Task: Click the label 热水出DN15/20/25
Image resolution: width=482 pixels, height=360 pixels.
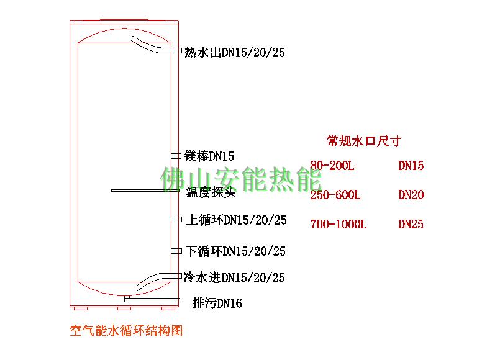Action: pos(235,53)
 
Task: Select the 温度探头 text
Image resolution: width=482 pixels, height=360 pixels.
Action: pos(211,192)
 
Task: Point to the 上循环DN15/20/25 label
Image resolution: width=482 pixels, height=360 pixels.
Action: pos(236,220)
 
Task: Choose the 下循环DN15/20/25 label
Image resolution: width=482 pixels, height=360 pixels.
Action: pos(236,251)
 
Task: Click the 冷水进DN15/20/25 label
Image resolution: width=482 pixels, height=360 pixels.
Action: pos(234,277)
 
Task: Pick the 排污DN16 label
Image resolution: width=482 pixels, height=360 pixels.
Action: pos(217,304)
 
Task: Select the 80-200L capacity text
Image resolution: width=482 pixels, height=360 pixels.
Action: pos(332,166)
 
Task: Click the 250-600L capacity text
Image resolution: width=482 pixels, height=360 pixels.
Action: pos(335,195)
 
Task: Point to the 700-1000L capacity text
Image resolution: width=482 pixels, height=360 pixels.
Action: pos(339,224)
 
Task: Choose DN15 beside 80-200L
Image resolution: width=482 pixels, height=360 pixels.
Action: pos(411,166)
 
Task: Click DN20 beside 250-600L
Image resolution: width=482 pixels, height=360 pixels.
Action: pos(411,195)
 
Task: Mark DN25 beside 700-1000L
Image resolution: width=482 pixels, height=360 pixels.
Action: pos(411,224)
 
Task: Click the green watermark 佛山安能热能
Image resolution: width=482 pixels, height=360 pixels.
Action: pos(241,179)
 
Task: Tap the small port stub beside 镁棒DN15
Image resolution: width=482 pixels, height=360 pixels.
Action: pos(176,155)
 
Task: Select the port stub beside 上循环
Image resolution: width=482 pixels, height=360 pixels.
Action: pos(176,219)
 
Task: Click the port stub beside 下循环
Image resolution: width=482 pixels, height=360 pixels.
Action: pos(176,251)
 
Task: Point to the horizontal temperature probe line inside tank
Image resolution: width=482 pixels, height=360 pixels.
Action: pos(143,191)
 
